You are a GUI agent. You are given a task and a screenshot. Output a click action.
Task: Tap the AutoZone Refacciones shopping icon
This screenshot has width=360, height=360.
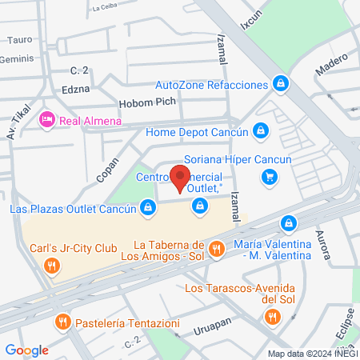coord(279,83)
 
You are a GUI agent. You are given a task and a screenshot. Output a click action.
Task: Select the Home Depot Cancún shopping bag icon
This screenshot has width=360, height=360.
coord(260,130)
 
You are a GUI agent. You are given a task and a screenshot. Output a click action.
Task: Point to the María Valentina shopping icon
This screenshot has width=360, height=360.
coord(290,222)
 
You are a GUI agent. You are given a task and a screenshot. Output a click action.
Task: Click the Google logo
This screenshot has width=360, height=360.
coord(26,350)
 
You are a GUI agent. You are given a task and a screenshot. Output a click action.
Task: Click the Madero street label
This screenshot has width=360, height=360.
coord(331,64)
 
